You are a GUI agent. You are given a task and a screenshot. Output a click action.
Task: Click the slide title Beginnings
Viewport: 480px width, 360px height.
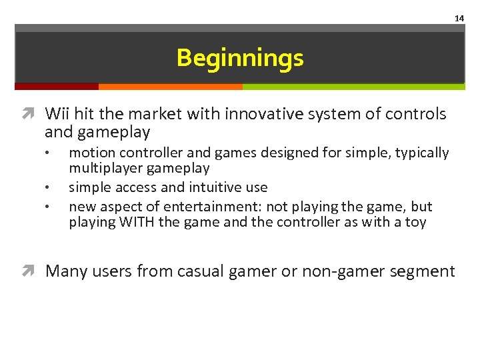point(240,58)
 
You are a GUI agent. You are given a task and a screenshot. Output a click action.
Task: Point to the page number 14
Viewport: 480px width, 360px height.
point(459,19)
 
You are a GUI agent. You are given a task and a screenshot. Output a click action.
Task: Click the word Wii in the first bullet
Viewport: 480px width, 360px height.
point(57,114)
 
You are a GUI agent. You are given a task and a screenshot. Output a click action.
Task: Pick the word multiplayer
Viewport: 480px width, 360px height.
point(106,169)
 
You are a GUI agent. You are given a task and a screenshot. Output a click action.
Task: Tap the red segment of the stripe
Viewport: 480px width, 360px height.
point(57,86)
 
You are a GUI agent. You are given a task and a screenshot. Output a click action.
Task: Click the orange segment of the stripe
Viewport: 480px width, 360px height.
point(170,86)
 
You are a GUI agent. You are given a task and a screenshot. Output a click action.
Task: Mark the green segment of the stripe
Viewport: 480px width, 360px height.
point(353,86)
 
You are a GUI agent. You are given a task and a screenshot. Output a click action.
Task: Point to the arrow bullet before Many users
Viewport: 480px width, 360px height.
point(33,271)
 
